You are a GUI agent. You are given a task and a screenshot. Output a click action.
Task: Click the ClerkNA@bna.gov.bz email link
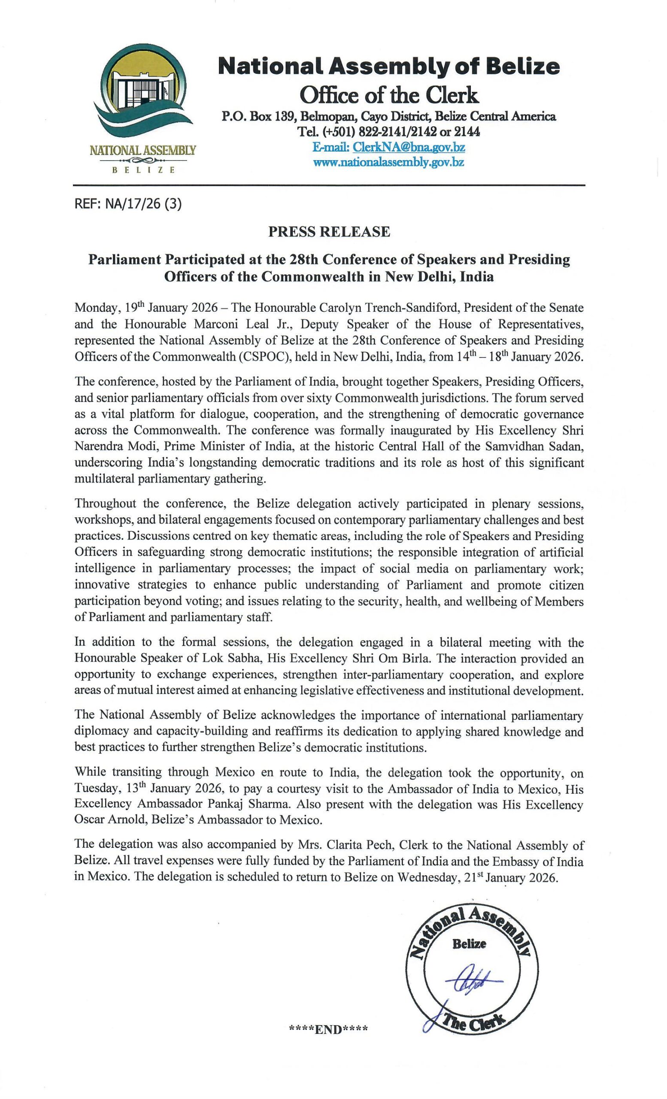click(x=409, y=147)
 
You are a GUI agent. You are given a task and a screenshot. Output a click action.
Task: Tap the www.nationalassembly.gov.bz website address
click(x=389, y=162)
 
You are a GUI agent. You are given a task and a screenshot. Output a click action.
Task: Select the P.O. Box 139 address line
click(x=389, y=117)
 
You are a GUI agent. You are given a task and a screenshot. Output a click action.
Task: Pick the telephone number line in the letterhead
click(x=389, y=132)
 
